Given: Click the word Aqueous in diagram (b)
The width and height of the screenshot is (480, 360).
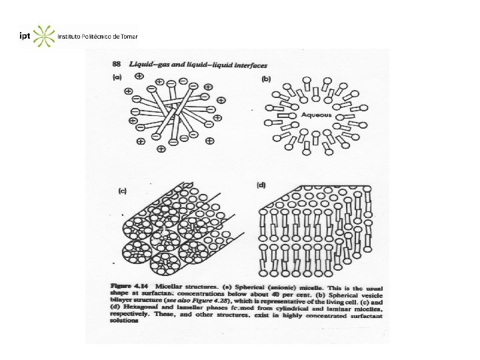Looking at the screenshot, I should (315, 114).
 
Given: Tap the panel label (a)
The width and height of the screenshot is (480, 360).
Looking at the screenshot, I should (116, 77).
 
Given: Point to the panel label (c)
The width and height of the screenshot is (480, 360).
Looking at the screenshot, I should (122, 191).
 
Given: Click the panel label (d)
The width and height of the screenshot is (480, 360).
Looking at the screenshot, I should (261, 185).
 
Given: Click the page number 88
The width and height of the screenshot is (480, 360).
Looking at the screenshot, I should (115, 64).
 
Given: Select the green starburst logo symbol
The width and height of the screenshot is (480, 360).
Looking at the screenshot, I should (43, 36).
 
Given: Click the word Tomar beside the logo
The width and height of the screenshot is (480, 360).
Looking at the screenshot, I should (129, 36).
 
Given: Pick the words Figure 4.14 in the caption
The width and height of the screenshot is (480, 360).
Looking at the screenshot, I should (124, 286).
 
